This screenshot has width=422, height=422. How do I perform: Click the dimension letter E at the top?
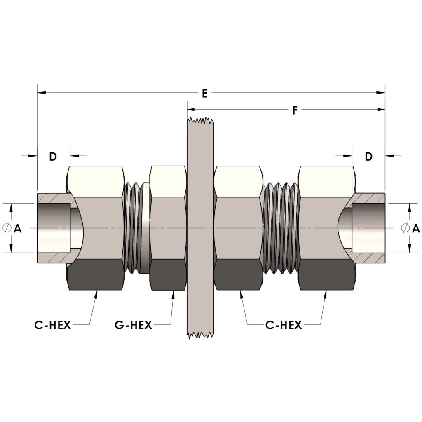pos(204,94)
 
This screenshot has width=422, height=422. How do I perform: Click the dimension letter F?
pos(295,110)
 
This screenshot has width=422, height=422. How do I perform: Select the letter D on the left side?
pos(53,156)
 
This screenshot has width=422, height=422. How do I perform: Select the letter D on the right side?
pos(368,156)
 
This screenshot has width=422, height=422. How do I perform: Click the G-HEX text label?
pos(133,326)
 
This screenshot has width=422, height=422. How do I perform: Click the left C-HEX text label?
pos(53,326)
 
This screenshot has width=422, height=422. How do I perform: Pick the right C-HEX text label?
pos(284,326)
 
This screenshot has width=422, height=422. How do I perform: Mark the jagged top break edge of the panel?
pos(200,121)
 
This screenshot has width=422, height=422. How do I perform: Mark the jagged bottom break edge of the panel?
pos(200,335)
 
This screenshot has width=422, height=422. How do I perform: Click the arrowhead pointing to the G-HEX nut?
pos(173,294)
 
